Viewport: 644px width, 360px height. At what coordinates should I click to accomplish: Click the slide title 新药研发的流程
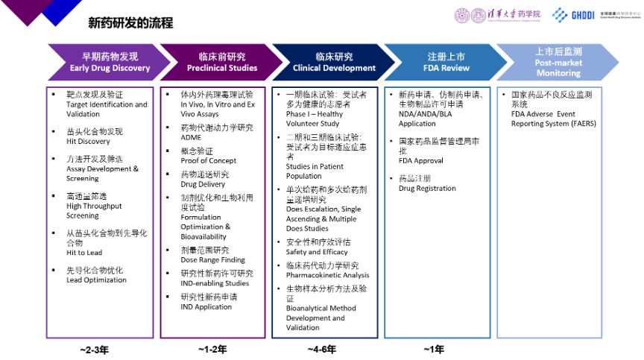tap(130, 23)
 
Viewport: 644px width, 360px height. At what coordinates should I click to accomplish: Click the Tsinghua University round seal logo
tap(463, 15)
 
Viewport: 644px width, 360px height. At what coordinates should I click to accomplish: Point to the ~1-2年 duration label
tap(213, 349)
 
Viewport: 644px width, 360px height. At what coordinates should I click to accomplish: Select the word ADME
tap(192, 138)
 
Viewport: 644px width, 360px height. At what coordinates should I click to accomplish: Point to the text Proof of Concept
tap(208, 161)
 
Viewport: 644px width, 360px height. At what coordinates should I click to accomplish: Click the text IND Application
tap(206, 306)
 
